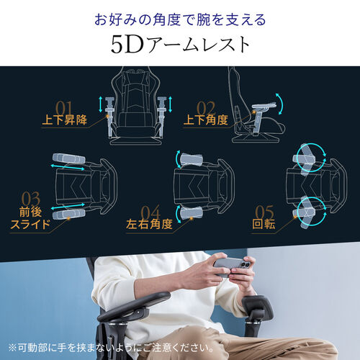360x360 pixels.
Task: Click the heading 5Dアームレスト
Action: [180, 45]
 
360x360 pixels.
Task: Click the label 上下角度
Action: [205, 120]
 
